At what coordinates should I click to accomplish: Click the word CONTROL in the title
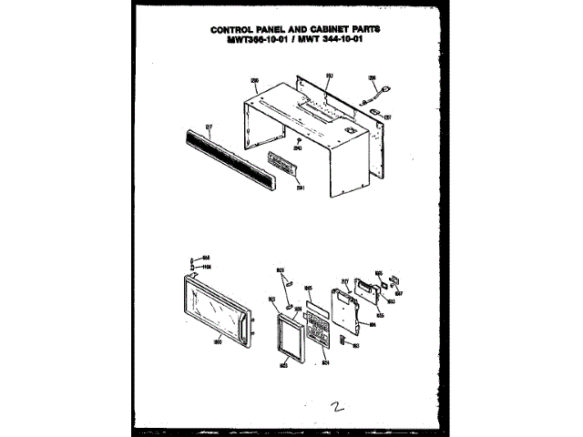click(x=236, y=28)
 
